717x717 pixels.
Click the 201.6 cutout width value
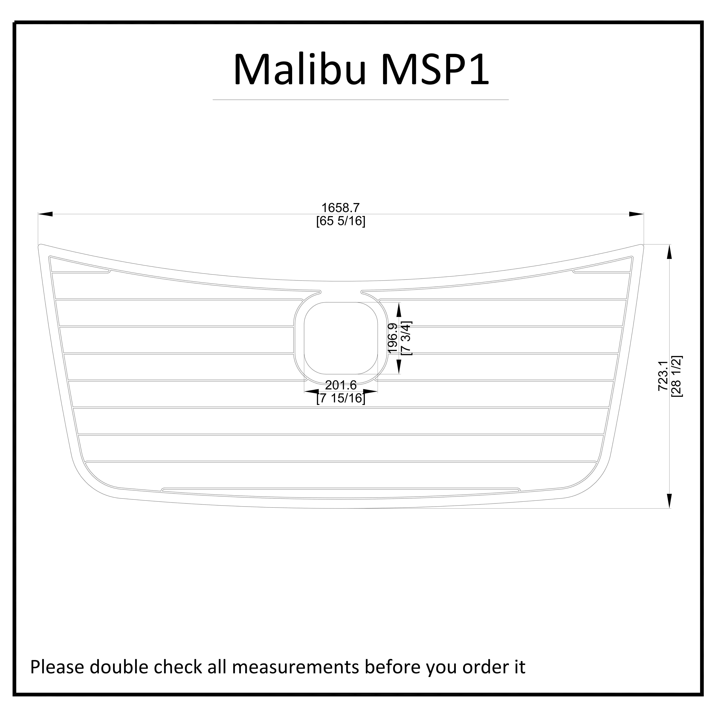coord(341,385)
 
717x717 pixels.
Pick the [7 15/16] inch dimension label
coord(341,398)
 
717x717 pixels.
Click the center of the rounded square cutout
coord(341,338)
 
